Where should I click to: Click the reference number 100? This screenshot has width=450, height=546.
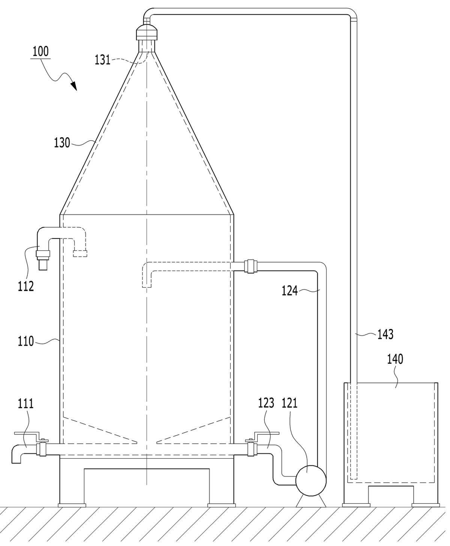click(40, 51)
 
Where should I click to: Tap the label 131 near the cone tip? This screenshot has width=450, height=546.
click(102, 60)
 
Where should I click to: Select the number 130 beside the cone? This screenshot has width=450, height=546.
click(62, 143)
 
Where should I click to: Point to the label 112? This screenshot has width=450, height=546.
click(26, 286)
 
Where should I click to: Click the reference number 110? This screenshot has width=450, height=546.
click(26, 341)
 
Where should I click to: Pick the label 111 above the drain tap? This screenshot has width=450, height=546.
click(26, 403)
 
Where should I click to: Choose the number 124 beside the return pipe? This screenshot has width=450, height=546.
click(290, 291)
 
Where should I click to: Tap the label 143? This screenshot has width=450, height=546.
click(385, 334)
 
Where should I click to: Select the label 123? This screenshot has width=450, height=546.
click(266, 403)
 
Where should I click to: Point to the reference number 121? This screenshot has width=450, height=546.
click(290, 403)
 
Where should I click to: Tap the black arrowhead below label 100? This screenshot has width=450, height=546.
click(74, 86)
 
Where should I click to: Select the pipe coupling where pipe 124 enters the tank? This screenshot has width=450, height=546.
click(251, 267)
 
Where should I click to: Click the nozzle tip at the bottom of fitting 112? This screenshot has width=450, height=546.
click(43, 266)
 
